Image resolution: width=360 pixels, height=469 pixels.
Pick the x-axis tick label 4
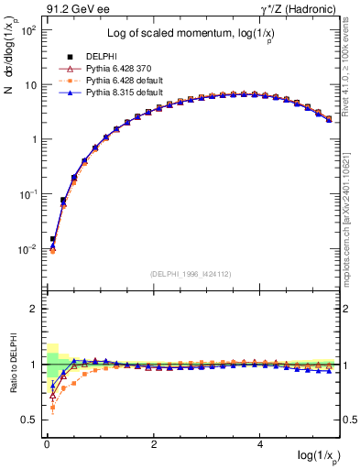pyautogui.click(x=261, y=443)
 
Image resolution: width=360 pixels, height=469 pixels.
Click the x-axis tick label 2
pyautogui.click(x=154, y=443)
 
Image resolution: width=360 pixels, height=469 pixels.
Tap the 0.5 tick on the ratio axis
pyautogui.click(x=27, y=420)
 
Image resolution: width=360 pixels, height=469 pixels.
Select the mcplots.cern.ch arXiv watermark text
pyautogui.click(x=352, y=211)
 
